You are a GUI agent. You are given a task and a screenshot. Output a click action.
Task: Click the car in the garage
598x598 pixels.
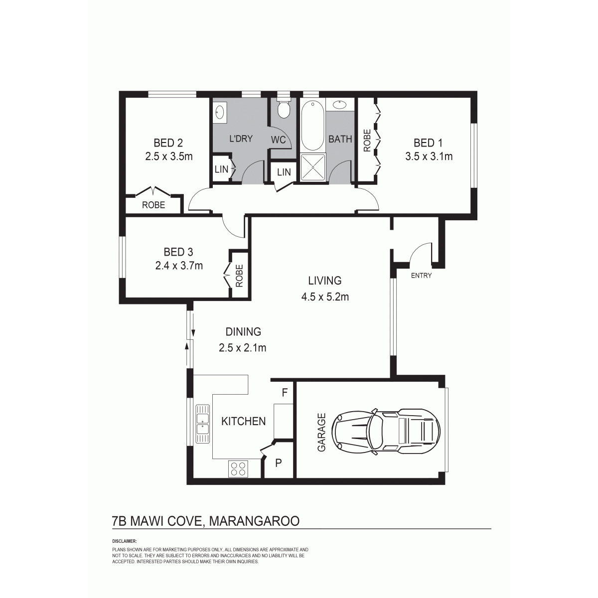386,432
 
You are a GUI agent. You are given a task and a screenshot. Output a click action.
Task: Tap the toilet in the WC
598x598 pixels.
284,108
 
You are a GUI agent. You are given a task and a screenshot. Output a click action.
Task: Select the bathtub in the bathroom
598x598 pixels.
313,126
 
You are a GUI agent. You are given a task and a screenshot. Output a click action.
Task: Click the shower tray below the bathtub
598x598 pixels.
313,167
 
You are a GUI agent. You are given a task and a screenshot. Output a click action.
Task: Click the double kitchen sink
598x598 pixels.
202,424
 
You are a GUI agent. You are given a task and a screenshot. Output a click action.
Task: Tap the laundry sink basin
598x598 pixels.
220,112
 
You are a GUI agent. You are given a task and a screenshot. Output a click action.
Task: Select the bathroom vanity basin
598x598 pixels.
340,104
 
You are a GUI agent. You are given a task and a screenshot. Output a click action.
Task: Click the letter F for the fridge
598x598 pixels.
285,393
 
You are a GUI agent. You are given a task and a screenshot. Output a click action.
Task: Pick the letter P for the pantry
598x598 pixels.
279,463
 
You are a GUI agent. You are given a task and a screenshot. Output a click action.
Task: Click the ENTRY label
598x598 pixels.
421,275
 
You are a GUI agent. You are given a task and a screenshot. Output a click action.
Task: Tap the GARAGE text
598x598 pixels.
321,432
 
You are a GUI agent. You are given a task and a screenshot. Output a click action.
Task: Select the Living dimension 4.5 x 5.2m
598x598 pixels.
325,297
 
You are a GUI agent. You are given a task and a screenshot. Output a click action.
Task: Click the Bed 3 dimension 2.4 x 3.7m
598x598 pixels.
179,266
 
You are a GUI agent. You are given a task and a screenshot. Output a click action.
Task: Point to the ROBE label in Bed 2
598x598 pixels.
153,205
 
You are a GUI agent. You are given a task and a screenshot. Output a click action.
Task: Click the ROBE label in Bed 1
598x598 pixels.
367,141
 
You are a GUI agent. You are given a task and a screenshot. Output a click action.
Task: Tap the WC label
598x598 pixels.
279,140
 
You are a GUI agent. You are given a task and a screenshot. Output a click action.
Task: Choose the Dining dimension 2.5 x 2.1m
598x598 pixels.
242,348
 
